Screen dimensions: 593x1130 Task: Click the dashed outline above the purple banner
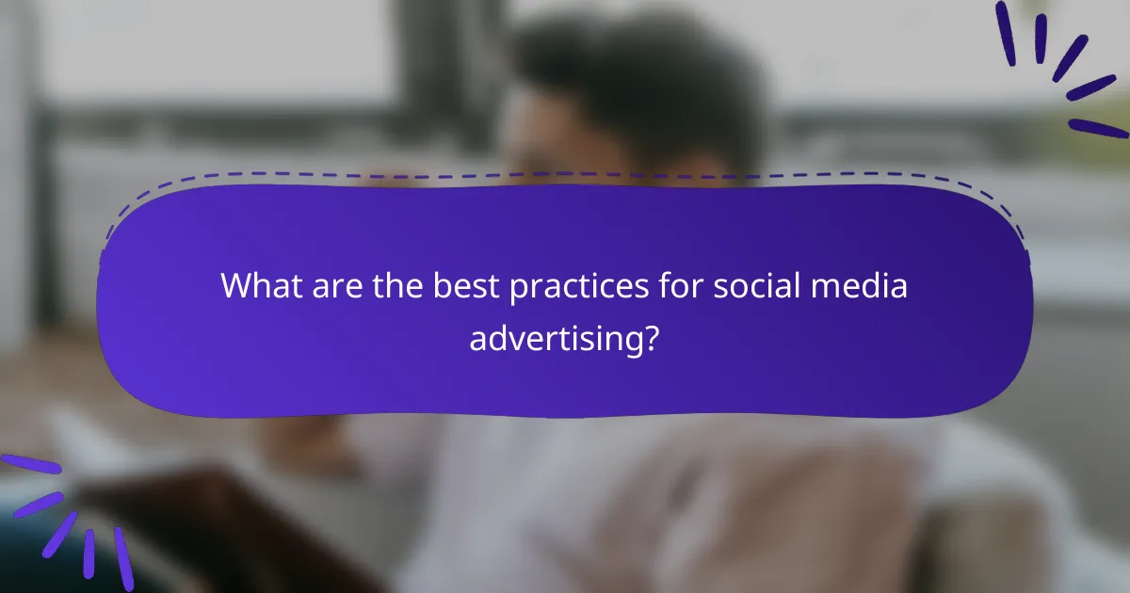click(x=565, y=175)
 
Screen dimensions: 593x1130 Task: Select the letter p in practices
click(x=518, y=290)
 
